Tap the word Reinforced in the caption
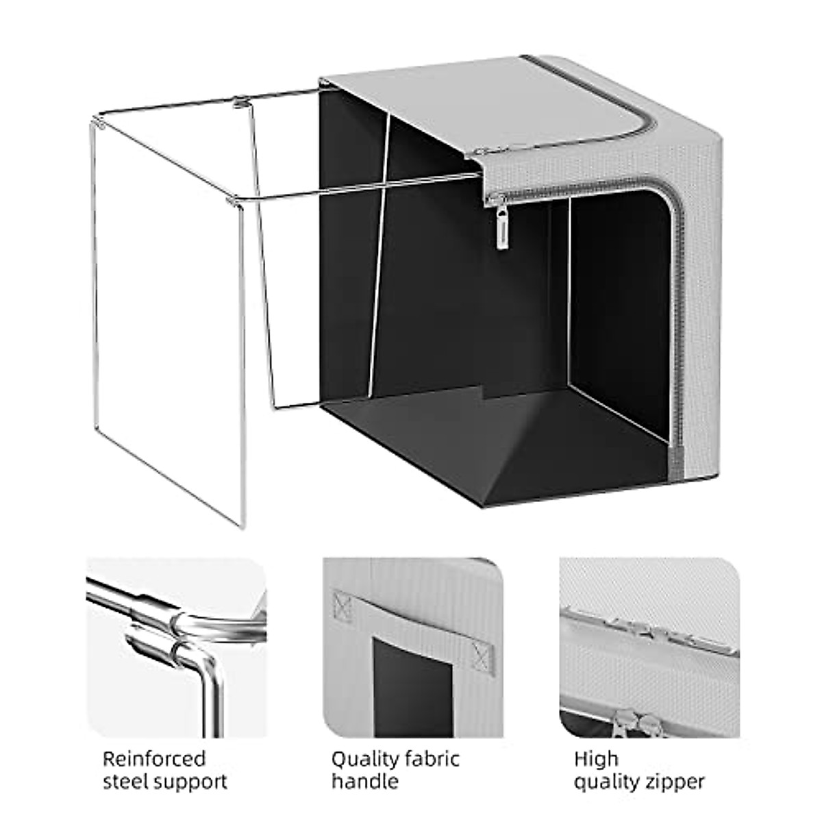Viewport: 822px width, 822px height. (153, 740)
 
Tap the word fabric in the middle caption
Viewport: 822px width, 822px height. (436, 740)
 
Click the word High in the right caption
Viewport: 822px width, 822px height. (595, 740)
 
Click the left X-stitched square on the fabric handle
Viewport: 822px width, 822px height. (341, 605)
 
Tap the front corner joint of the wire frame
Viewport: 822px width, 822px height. (233, 201)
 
